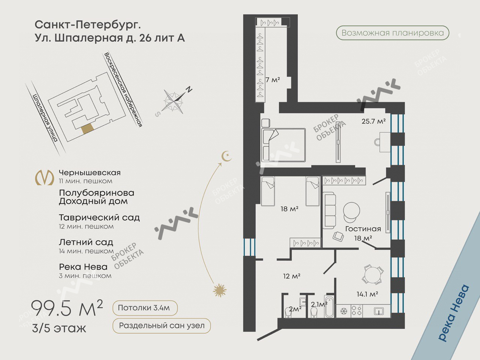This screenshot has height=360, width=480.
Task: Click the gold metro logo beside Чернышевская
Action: click(x=45, y=177)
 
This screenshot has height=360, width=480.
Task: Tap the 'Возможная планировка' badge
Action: click(x=393, y=33)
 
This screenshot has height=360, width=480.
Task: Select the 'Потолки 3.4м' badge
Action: click(x=145, y=308)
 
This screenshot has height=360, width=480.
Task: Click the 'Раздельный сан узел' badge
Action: click(x=162, y=325)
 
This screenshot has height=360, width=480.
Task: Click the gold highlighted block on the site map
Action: click(x=87, y=129)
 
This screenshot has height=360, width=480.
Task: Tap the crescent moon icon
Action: click(x=226, y=156)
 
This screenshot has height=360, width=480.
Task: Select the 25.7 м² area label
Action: click(x=373, y=121)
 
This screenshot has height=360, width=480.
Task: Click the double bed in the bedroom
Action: click(x=283, y=145)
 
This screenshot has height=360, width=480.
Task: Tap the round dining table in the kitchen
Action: click(x=373, y=274)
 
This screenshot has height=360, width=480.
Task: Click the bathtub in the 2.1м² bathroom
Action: click(x=329, y=306)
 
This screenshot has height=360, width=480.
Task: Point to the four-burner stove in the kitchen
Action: click(x=357, y=311)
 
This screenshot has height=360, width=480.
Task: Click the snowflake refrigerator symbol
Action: click(x=343, y=311)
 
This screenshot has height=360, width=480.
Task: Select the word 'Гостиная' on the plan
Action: click(x=363, y=229)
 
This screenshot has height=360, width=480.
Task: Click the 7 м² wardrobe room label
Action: click(x=273, y=80)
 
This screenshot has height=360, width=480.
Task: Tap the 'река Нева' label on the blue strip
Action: click(x=454, y=313)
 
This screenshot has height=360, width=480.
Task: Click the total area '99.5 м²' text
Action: click(x=67, y=308)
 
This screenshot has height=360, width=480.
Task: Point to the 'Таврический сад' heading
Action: click(x=99, y=218)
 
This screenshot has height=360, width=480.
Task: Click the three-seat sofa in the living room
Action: click(x=330, y=210)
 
